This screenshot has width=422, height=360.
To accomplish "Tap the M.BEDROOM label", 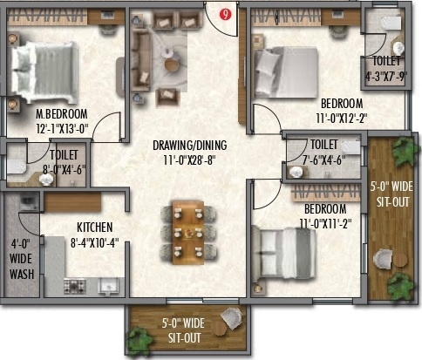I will click(x=62, y=115).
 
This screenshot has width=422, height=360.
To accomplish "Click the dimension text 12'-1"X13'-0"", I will click(x=62, y=129).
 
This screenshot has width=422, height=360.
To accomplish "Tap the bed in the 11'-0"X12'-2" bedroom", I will click(x=283, y=64).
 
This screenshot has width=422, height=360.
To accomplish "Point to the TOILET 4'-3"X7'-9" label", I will click(x=386, y=68).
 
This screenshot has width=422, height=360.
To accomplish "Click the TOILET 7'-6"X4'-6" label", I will click(x=323, y=151).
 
